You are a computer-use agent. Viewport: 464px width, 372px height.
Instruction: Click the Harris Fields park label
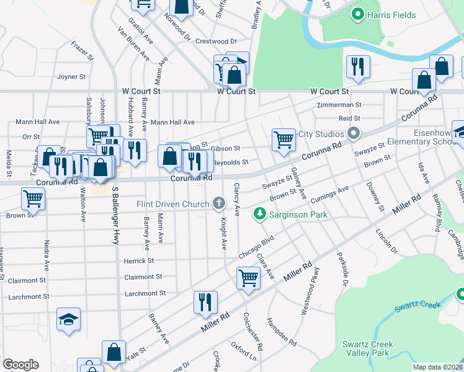pos(391,14)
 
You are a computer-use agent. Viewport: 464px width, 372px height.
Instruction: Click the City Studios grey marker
pos(354,133)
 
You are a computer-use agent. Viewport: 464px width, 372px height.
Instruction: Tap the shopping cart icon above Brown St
pos(33,198)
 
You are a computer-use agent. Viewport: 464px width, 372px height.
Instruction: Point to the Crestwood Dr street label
pos(216,42)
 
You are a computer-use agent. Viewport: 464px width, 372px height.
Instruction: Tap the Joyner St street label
pos(71,77)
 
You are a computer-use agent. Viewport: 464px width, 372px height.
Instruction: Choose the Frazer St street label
pos(82,51)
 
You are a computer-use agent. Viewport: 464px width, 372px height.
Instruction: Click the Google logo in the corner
pos(20,365)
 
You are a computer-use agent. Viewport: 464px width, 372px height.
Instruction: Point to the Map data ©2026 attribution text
pos(437,367)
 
